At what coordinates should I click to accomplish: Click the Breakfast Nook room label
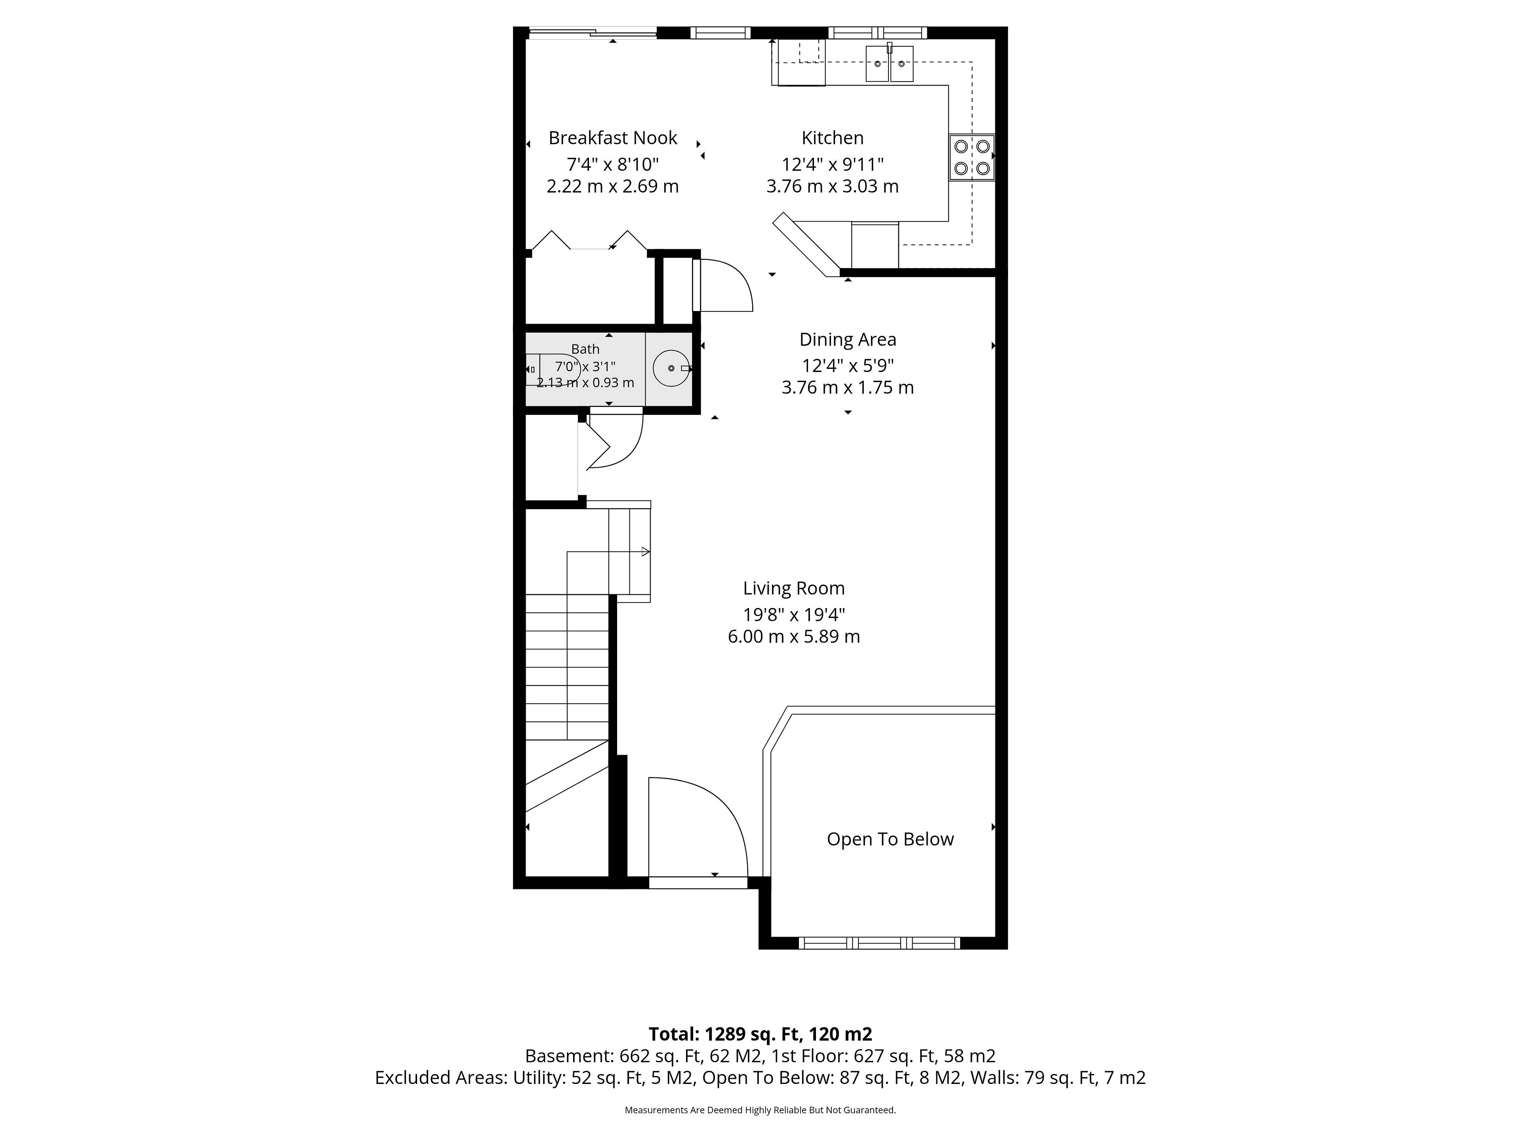613,138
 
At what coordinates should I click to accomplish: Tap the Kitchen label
832,138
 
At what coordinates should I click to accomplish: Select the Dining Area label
847,340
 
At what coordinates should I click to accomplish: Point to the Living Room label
793,589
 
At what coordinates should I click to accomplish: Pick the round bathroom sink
671,368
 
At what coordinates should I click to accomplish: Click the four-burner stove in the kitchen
972,157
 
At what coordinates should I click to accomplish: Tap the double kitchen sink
889,64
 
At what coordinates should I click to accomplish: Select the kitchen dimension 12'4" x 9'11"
832,164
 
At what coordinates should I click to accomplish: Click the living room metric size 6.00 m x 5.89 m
793,637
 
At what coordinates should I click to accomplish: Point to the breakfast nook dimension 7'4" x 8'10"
613,164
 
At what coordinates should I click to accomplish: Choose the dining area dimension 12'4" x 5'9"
847,366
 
